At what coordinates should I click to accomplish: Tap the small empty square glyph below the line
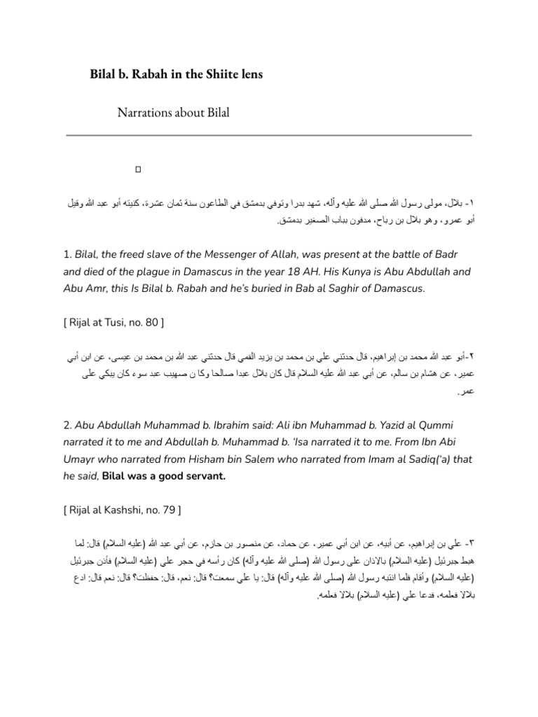pos(138,169)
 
